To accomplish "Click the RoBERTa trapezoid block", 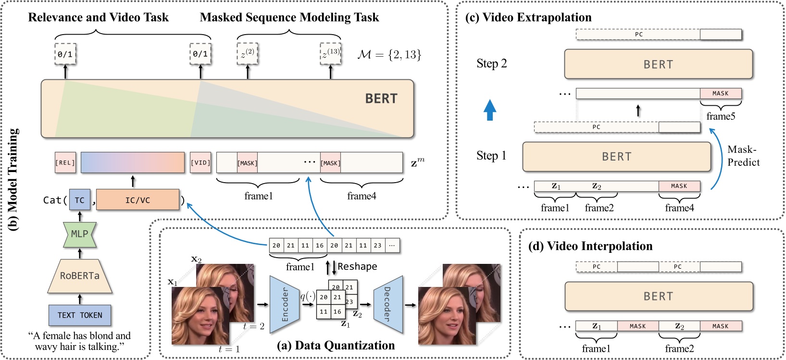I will click(80, 276).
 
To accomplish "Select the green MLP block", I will click(80, 235).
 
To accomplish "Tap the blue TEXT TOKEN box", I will click(80, 315).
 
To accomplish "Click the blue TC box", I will click(80, 200).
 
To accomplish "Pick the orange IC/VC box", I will click(137, 200).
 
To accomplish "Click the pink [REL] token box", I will click(65, 163).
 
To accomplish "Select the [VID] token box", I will click(200, 163).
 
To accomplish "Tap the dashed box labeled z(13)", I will click(331, 54).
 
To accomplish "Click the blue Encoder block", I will click(285, 305).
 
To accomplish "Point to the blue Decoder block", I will click(387, 305).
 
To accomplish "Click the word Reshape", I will click(357, 266).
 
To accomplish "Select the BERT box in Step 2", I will click(658, 64).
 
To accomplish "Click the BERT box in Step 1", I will click(616, 157).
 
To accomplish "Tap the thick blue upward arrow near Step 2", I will click(490, 110).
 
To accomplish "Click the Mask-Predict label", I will click(743, 156).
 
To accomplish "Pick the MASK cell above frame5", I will click(720, 94).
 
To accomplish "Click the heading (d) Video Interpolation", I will click(590, 246).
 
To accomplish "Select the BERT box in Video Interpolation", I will click(658, 297).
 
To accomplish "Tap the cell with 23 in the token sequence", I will click(377, 246).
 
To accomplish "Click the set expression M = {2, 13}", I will click(389, 54).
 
